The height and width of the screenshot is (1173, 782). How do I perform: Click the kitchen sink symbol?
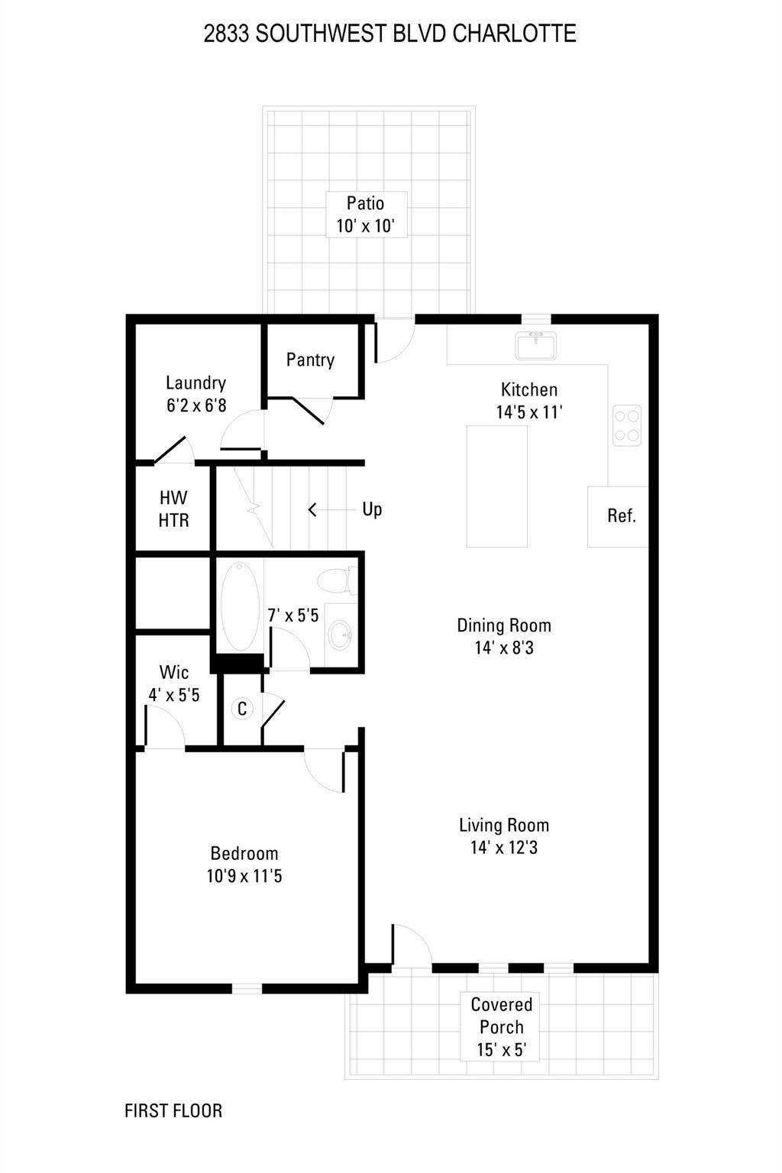tap(535, 345)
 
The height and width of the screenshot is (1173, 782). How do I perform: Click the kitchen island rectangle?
tap(497, 486)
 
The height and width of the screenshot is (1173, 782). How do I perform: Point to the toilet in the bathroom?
tap(335, 581)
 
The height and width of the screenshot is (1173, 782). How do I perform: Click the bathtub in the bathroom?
tap(240, 606)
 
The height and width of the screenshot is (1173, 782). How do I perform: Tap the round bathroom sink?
tap(341, 634)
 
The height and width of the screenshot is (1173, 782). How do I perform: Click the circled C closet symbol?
tap(242, 709)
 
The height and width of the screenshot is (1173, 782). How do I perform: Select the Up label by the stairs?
tap(372, 509)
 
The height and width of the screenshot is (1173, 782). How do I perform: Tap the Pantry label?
tap(310, 360)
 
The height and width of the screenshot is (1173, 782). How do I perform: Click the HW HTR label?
tap(173, 509)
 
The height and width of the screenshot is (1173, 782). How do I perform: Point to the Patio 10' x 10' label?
tap(366, 215)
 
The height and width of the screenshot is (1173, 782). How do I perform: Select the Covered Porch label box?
tap(501, 1027)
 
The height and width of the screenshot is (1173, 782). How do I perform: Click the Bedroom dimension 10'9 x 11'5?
tap(244, 876)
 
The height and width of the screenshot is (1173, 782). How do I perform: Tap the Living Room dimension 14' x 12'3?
tap(504, 848)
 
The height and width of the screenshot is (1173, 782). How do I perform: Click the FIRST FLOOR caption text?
tap(173, 1110)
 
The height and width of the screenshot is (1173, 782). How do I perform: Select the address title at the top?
tap(389, 34)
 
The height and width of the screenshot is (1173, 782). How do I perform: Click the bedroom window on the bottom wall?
tap(247, 988)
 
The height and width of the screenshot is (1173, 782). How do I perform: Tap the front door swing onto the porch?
tap(412, 947)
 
